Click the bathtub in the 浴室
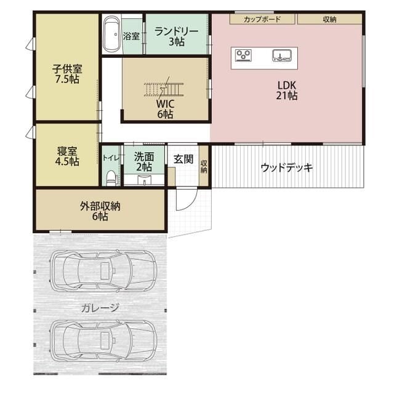coord(111,34)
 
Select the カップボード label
coord(262,19)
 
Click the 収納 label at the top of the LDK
coord(329,19)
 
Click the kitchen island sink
coord(283,57)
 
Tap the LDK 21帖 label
coord(287,90)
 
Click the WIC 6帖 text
coord(164,109)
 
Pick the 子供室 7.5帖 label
coord(66,74)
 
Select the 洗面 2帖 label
coord(144,161)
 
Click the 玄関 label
coord(183,159)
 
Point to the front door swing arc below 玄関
coord(187,201)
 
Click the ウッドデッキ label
coord(287,167)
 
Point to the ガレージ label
coord(100,308)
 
